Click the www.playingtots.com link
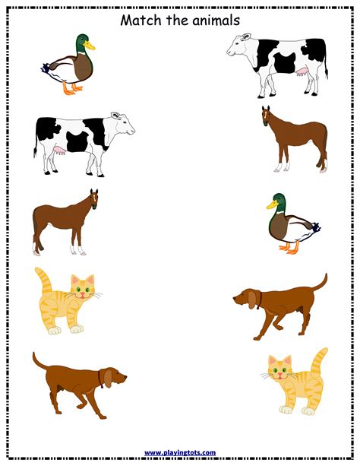click(180, 452)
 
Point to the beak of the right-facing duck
click(90, 45)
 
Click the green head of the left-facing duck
click(278, 201)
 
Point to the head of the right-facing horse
click(93, 199)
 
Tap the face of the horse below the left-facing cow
click(266, 119)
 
